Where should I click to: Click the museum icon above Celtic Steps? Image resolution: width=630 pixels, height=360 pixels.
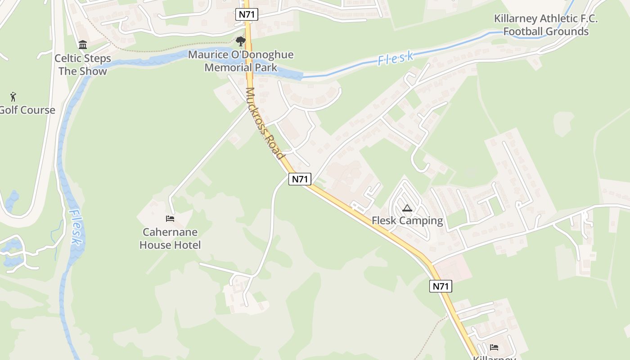[83, 45]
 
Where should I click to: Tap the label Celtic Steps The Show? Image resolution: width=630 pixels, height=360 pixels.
[83, 65]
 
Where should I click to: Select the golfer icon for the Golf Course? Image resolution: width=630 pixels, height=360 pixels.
[13, 96]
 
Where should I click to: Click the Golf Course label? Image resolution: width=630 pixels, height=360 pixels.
[27, 110]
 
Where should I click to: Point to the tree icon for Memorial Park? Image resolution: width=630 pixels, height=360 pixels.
[241, 41]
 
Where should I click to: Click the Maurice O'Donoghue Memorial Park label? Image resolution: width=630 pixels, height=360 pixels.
[241, 61]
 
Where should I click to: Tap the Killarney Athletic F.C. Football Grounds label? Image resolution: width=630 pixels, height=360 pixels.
[546, 25]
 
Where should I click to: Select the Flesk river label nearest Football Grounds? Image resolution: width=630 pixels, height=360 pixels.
[396, 58]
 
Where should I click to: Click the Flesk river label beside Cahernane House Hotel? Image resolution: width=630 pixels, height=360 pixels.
[76, 228]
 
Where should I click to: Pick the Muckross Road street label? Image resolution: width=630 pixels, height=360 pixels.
[265, 123]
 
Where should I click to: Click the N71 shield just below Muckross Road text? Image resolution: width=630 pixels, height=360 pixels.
[300, 179]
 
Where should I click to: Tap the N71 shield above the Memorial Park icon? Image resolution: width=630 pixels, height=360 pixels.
[247, 14]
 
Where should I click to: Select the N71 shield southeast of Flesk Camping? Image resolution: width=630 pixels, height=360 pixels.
[441, 286]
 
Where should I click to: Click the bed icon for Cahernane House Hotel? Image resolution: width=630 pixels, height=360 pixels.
[170, 219]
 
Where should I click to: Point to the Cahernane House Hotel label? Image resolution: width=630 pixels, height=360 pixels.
[170, 238]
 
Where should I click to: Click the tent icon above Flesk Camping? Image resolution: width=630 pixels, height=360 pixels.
[407, 208]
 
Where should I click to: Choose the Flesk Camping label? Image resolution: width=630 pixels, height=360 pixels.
[407, 221]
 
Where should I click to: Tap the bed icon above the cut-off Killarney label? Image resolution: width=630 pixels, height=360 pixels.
[494, 347]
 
